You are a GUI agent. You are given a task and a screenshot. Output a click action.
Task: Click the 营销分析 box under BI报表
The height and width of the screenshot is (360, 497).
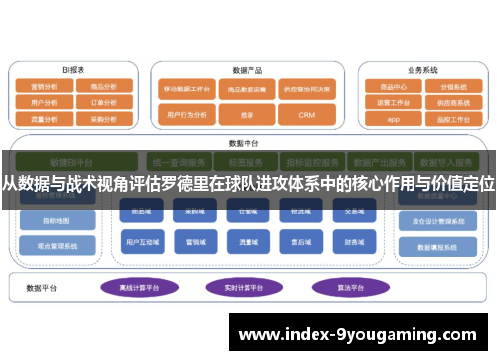pos(44,86)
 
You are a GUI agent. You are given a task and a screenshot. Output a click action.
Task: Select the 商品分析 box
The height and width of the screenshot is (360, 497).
pos(103,86)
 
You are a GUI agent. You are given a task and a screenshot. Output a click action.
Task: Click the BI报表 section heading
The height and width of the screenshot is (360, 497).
pos(73,71)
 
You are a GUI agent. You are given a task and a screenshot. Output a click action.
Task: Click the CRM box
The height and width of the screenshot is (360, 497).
pos(306,115)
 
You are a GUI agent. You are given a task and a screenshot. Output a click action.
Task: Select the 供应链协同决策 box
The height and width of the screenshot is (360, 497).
pos(306,88)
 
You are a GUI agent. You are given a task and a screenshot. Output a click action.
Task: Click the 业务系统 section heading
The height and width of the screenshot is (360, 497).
pos(422,71)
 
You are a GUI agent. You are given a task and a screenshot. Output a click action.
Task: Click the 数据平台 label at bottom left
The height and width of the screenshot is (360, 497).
pos(43,288)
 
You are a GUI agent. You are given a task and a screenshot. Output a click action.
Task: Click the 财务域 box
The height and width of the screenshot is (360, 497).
pos(355,240)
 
